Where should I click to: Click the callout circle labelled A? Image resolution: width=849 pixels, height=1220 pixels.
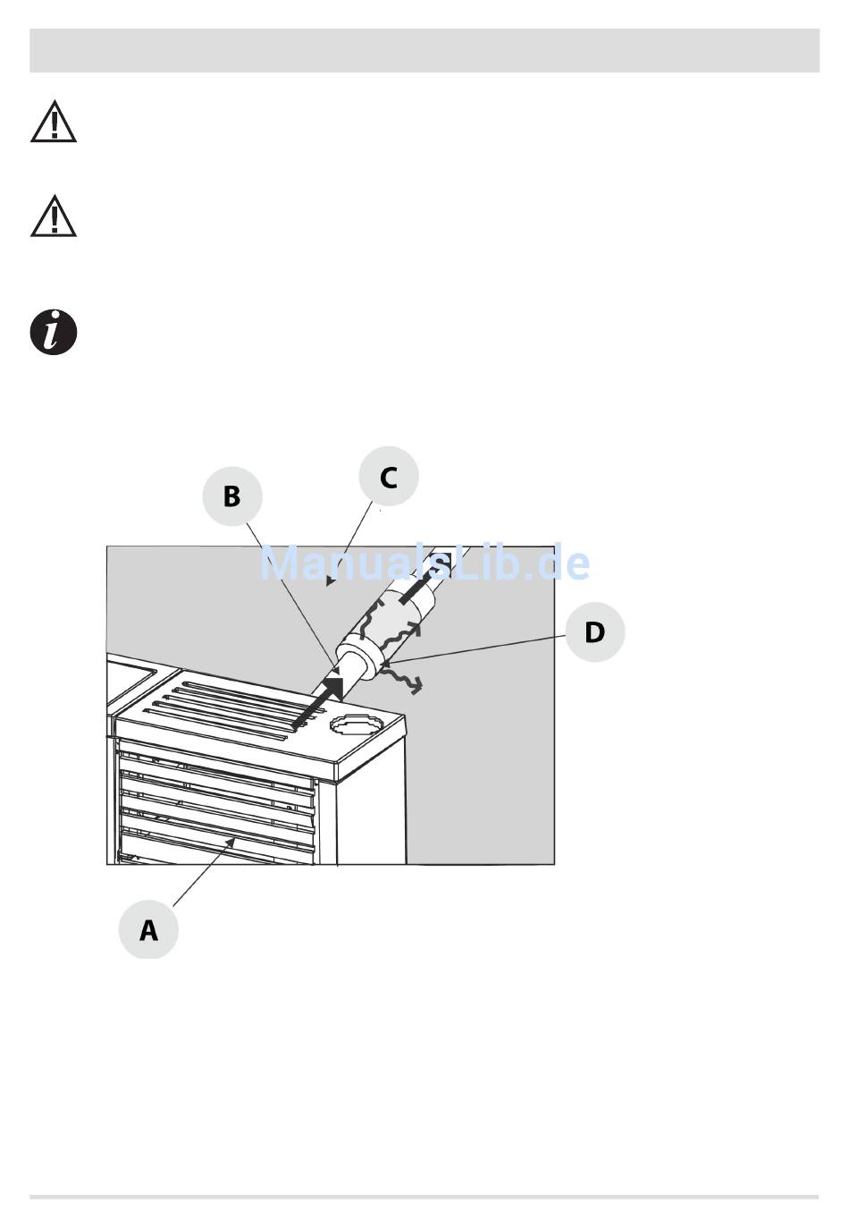(x=148, y=929)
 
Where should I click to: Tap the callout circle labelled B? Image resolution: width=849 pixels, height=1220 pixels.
(x=232, y=496)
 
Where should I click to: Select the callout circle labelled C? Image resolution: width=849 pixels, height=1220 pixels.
(x=389, y=476)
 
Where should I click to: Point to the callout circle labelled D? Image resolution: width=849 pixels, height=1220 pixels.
(x=595, y=631)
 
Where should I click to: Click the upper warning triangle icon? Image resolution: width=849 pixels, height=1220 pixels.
(x=54, y=122)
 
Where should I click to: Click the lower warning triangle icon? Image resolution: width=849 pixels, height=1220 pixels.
(x=54, y=216)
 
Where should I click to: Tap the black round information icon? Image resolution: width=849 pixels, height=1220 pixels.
(x=54, y=332)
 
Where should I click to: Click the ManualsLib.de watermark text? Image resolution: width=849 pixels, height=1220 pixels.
(x=424, y=563)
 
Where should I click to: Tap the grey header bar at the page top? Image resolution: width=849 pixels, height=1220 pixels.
(x=424, y=50)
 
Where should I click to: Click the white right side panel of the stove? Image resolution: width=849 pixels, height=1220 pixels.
(x=371, y=806)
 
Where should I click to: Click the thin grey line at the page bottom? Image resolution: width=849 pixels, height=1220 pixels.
(x=424, y=1197)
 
